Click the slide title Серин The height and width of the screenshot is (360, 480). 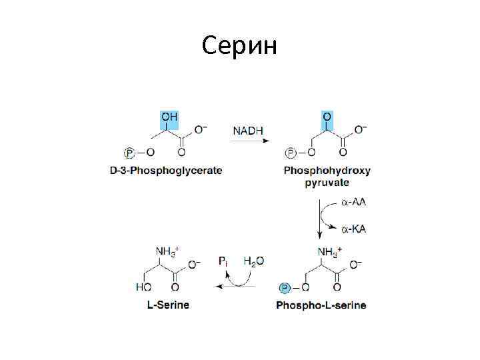[239, 46]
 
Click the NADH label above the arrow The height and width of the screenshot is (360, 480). [247, 131]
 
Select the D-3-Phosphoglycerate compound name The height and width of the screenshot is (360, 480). [166, 171]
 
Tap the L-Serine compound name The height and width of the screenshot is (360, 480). [168, 305]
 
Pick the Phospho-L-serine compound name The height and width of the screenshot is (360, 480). [321, 305]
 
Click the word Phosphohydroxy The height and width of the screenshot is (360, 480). [327, 171]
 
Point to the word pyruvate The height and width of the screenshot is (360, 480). [327, 183]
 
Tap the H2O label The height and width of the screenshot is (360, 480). [253, 261]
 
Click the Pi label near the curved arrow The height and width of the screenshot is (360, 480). [223, 261]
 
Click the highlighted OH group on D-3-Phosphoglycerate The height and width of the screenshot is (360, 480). [169, 117]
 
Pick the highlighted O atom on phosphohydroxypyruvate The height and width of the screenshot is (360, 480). [327, 117]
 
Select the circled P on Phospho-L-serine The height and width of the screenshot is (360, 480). [284, 288]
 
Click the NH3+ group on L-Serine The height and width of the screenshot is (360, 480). [167, 251]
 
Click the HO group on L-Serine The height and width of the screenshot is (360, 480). [143, 288]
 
